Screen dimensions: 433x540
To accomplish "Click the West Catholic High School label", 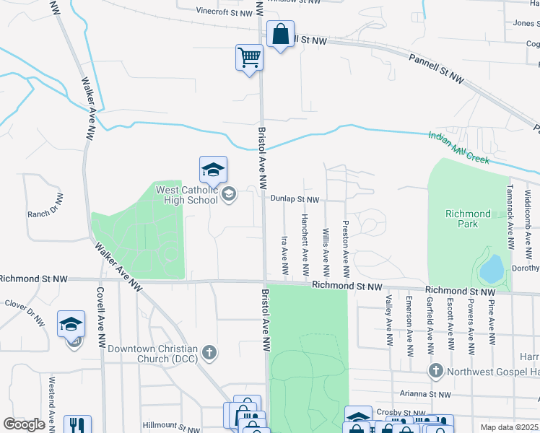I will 186,195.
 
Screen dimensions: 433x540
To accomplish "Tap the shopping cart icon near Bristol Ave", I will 249,57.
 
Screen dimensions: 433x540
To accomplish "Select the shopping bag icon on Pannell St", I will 280,34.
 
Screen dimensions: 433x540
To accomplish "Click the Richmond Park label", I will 467,219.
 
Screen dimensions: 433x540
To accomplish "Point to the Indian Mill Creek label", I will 458,146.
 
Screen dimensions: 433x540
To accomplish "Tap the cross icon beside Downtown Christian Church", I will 209,353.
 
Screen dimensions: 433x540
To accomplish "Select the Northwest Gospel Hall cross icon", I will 435,371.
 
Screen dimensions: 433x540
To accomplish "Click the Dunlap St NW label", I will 295,199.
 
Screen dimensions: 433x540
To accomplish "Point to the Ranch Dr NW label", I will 46,207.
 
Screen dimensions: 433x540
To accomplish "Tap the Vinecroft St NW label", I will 225,12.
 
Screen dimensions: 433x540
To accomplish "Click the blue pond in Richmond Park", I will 492,268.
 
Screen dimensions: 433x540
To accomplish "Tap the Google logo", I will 25,424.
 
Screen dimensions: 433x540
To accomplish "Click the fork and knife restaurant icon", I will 77,426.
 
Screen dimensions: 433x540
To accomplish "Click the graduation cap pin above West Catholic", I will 213,170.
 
